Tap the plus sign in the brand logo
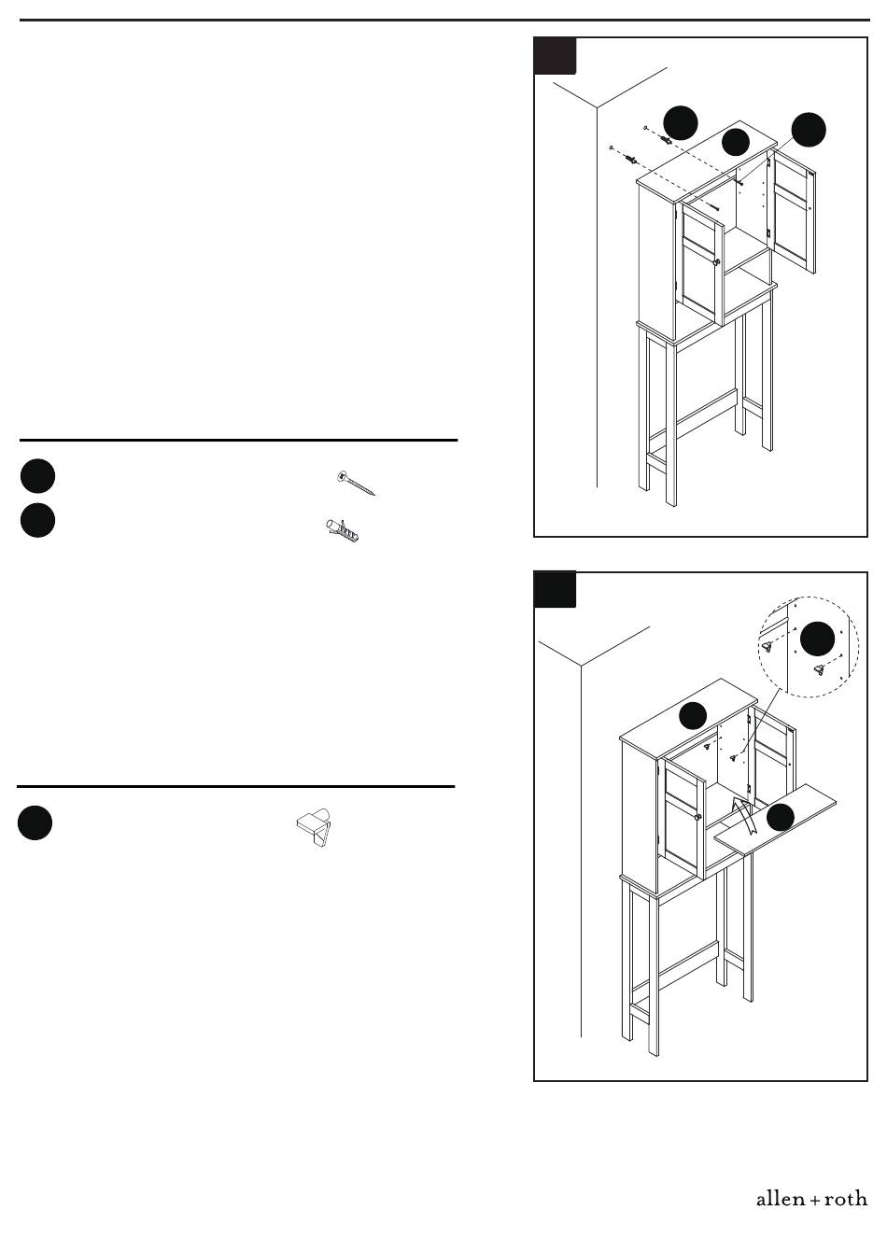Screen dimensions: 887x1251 coord(815,1201)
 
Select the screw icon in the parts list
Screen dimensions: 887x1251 coord(356,484)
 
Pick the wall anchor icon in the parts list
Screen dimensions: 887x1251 coord(342,530)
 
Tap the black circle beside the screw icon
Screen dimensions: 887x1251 coord(37,476)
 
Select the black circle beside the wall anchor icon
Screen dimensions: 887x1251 coord(37,521)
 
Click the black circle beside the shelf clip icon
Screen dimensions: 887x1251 coord(35,822)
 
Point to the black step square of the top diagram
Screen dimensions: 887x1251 coord(555,56)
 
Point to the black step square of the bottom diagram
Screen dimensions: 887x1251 coord(555,589)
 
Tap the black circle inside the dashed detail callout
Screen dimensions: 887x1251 coord(817,639)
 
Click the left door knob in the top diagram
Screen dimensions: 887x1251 coord(717,261)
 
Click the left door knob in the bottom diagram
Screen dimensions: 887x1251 coord(697,817)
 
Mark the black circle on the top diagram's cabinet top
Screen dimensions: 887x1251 coord(735,143)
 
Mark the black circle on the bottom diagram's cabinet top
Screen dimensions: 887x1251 coord(693,715)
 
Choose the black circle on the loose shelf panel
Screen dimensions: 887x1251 coord(780,818)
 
